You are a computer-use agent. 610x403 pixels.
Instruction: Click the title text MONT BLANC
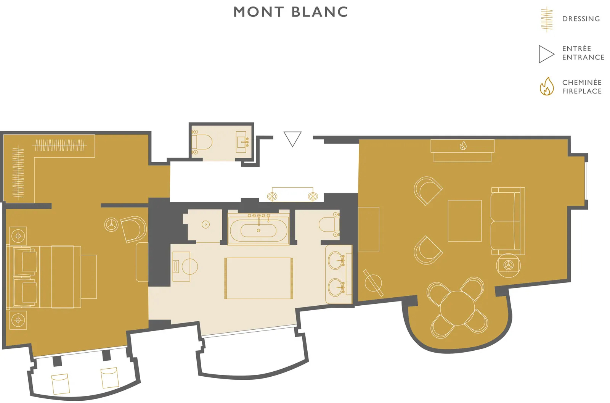point(291,12)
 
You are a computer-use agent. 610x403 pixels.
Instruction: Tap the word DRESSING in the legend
point(581,19)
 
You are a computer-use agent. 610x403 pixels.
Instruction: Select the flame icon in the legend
point(547,86)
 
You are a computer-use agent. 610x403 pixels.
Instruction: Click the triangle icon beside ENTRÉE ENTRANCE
point(546,54)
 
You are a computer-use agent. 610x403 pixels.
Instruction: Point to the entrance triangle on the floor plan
point(292,139)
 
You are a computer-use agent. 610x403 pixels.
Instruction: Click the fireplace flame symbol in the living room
point(463,146)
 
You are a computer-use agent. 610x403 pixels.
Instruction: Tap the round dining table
point(457,308)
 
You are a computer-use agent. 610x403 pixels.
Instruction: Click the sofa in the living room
point(508,221)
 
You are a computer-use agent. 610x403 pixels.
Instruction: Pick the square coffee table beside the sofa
point(465,221)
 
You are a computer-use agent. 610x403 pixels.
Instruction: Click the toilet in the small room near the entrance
point(202,142)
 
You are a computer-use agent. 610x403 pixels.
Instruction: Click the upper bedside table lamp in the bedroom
point(18,236)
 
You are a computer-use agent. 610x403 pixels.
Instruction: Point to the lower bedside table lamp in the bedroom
point(18,320)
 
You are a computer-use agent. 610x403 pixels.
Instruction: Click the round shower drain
point(205,225)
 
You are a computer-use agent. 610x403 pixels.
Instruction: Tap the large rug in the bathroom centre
point(258,278)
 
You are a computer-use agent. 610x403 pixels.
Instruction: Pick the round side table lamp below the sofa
point(508,265)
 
